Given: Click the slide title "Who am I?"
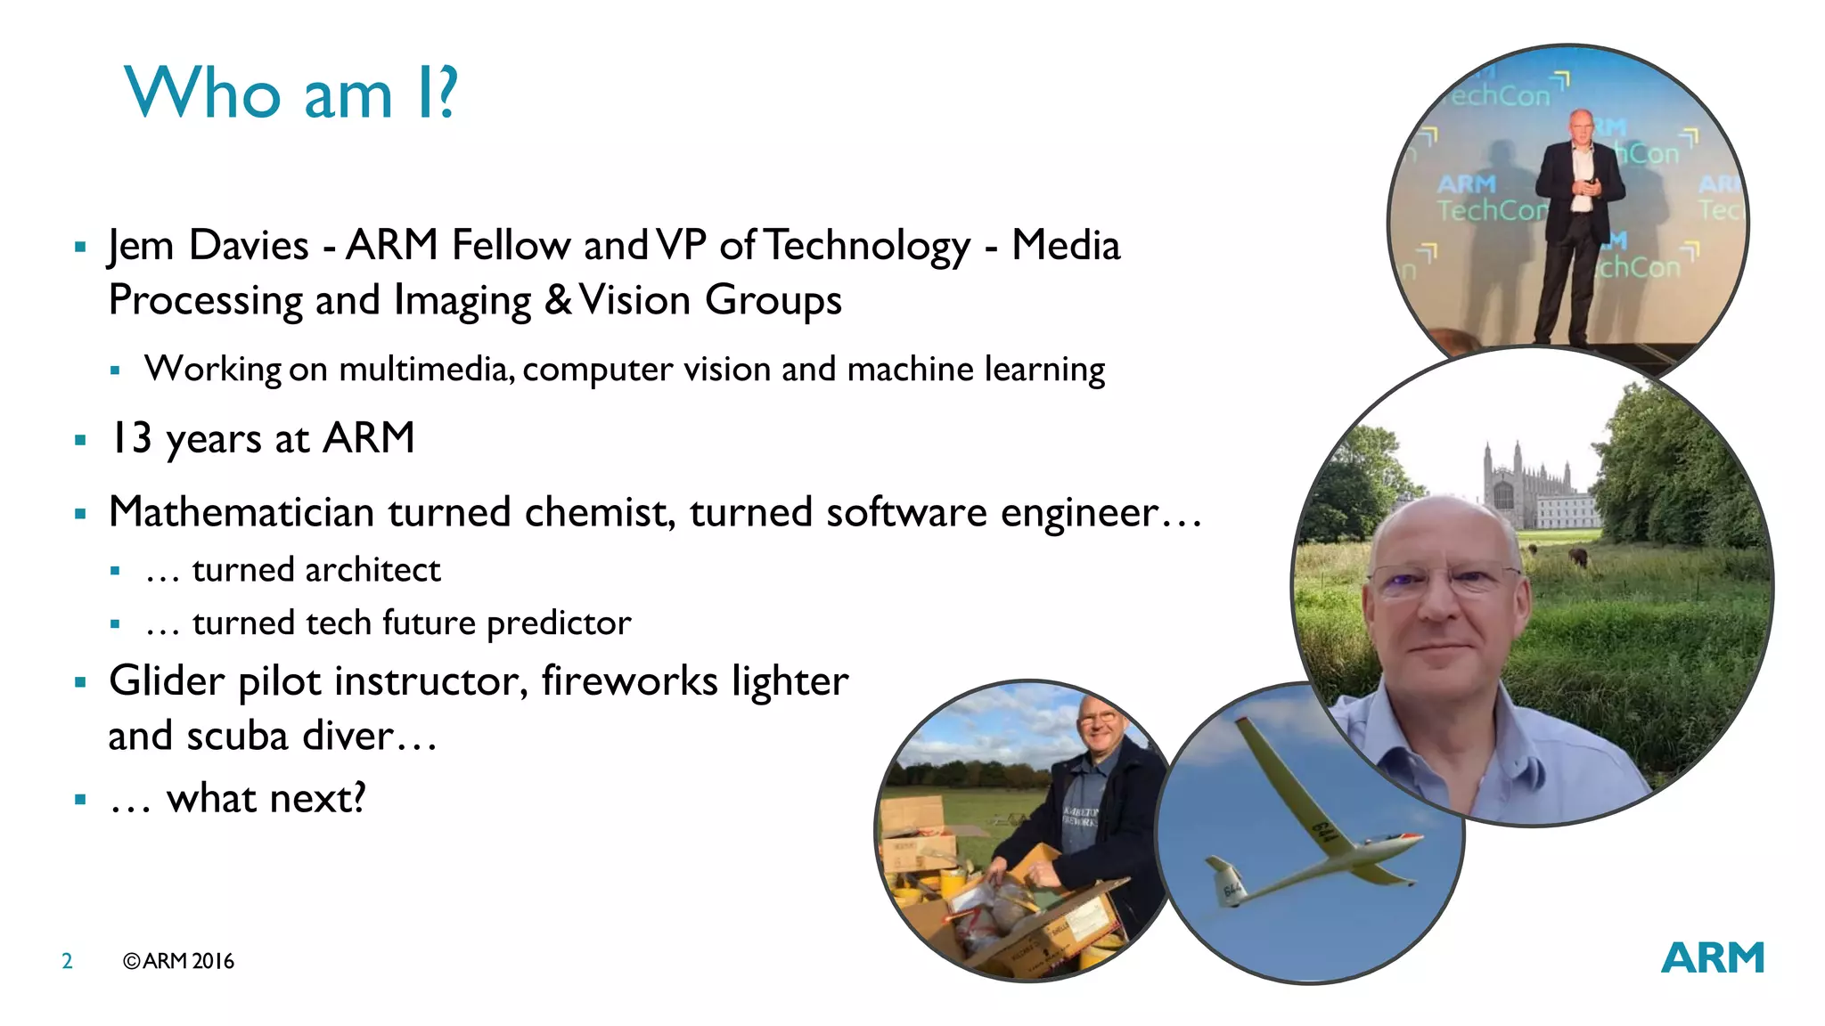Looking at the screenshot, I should pyautogui.click(x=291, y=93).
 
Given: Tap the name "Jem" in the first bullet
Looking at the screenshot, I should pyautogui.click(x=141, y=246).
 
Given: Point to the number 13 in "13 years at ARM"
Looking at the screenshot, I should pyautogui.click(x=130, y=438).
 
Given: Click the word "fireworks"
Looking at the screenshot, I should pyautogui.click(x=629, y=681).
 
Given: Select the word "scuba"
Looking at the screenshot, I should pyautogui.click(x=237, y=737).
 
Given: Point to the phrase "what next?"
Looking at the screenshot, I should pyautogui.click(x=266, y=798).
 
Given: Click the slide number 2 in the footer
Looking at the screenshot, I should pyautogui.click(x=67, y=961).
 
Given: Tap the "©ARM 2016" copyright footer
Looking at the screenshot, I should pyautogui.click(x=178, y=961).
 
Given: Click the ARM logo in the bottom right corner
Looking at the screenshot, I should pyautogui.click(x=1712, y=958).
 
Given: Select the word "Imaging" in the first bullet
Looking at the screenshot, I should pyautogui.click(x=462, y=301).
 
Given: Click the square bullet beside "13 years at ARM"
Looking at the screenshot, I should pyautogui.click(x=80, y=439).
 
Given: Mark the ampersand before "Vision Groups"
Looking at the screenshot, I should pyautogui.click(x=558, y=300).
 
